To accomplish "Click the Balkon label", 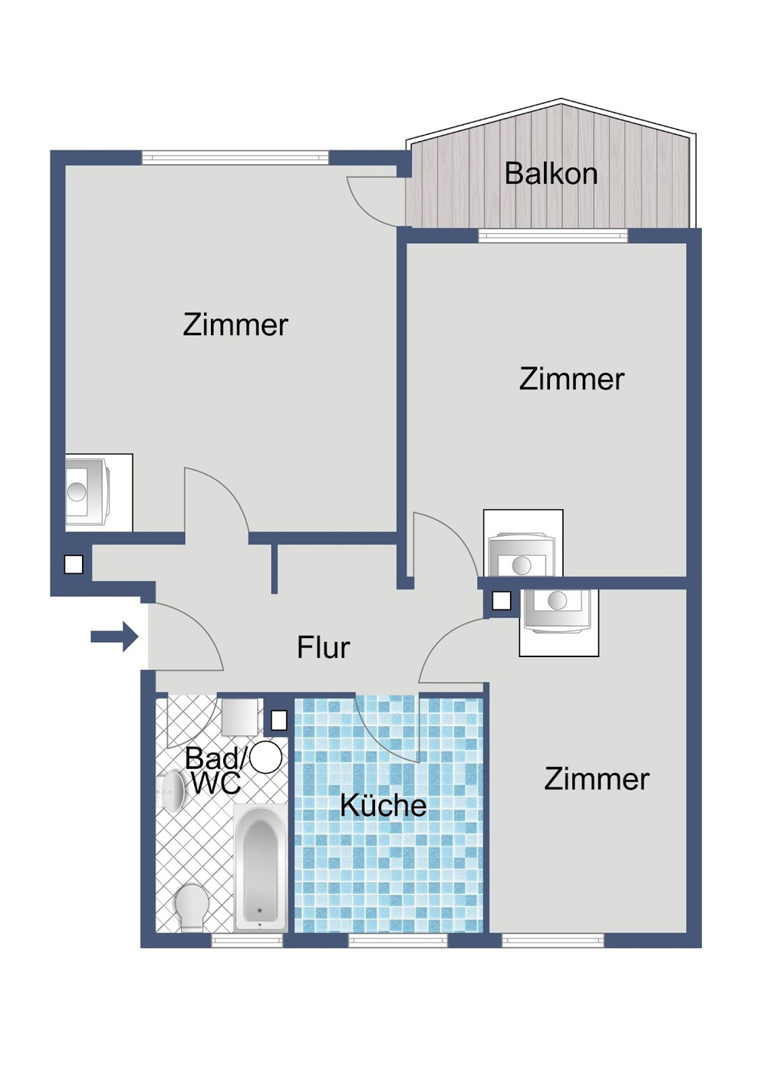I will click(551, 174).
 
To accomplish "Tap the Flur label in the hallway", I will click(323, 648).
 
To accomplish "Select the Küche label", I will click(383, 805).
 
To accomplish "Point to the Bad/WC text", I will click(215, 771).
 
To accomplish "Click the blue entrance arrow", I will click(114, 636).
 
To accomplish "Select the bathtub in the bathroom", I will click(260, 866).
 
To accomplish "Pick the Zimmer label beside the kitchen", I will click(597, 779).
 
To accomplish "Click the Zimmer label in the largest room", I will click(235, 325).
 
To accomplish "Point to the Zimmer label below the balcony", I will click(571, 380).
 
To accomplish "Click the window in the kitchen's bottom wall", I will click(397, 939).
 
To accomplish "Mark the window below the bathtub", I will click(247, 939).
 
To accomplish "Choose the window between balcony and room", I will click(552, 235).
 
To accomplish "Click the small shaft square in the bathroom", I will click(279, 720).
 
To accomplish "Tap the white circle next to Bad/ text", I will click(266, 758).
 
